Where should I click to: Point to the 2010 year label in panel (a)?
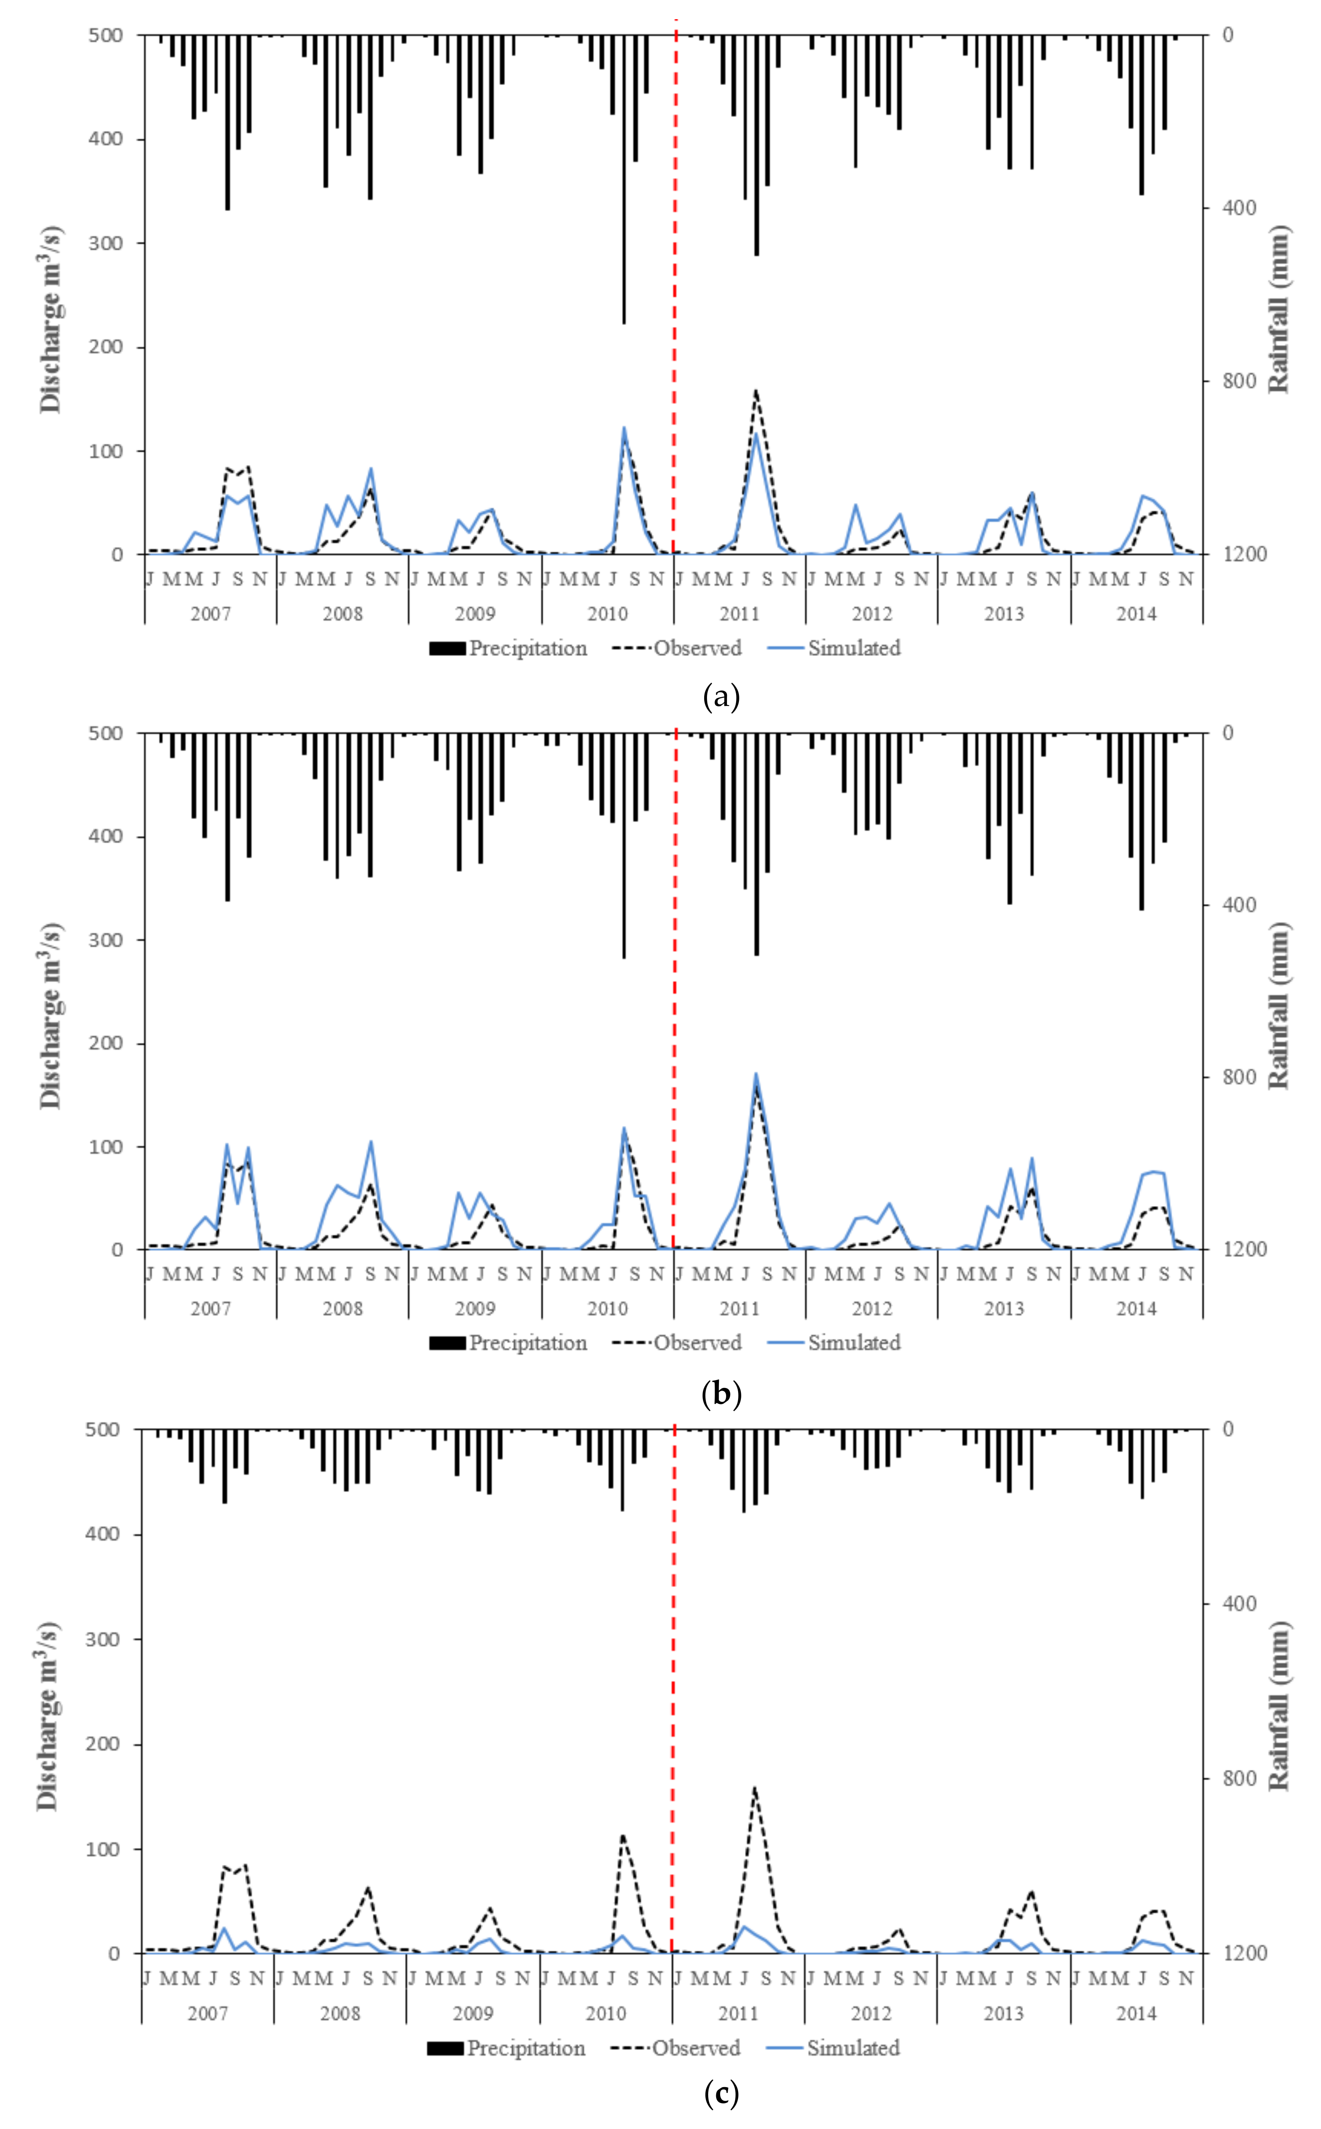click(x=607, y=613)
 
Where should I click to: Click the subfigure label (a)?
click(x=721, y=697)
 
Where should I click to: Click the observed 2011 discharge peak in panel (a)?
click(x=756, y=391)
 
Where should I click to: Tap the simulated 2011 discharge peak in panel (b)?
click(x=756, y=1073)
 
